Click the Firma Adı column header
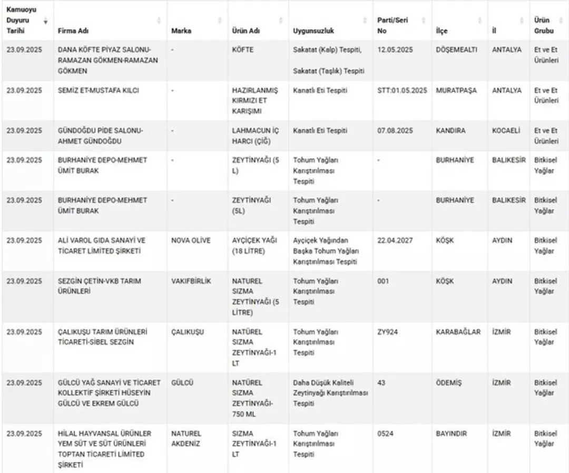pos(73,31)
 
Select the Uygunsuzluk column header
pos(313,31)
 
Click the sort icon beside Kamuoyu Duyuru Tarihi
pos(45,21)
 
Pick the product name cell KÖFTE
pos(243,50)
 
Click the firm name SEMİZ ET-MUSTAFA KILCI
pos(99,90)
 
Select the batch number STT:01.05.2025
pos(402,90)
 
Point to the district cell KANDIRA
pos(450,130)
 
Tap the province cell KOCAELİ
pos(506,130)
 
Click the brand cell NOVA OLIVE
pos(191,240)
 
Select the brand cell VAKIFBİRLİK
pos(191,281)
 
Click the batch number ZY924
pos(388,332)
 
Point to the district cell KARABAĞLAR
pos(458,332)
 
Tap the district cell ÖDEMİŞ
pos(449,382)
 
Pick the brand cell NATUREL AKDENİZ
pos(186,438)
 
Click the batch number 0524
pos(385,433)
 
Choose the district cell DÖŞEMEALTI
pos(456,50)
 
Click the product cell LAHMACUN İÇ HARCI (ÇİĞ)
pos(253,136)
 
